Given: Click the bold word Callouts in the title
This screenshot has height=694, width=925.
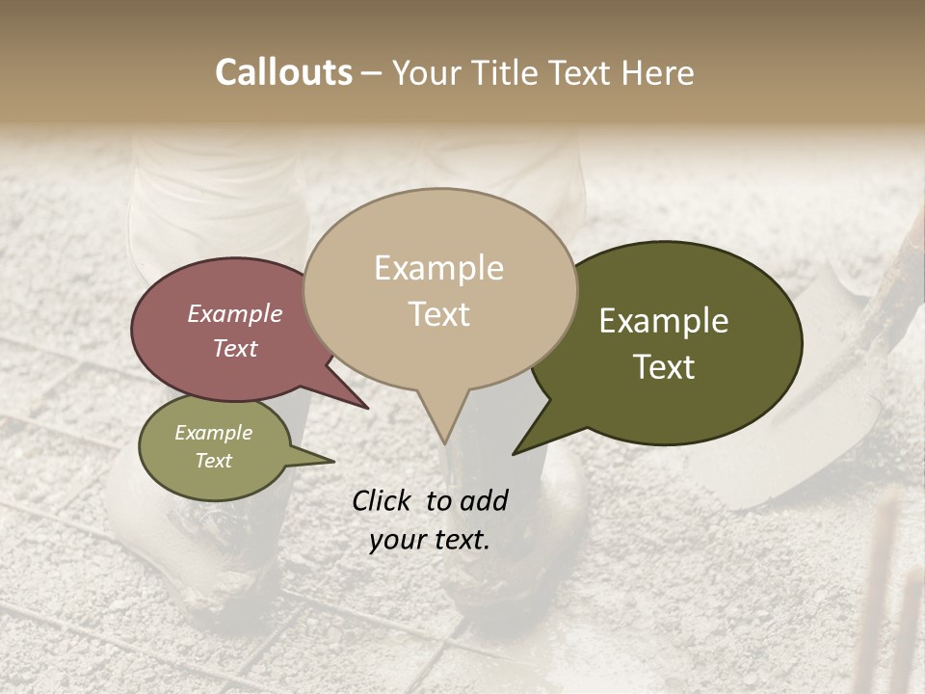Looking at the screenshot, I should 284,72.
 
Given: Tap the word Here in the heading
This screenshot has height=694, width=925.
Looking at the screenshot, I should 658,72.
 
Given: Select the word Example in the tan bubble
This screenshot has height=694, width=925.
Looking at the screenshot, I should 438,268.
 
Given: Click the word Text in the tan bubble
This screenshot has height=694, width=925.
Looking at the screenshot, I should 438,314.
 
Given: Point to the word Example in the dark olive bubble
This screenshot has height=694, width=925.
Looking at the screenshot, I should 664,321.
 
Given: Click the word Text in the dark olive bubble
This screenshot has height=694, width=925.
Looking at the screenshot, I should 664,367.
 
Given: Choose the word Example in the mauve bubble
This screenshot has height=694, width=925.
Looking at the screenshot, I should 235,314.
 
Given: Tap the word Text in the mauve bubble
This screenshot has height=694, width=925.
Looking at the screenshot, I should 235,349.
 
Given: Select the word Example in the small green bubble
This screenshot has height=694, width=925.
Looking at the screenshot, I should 214,433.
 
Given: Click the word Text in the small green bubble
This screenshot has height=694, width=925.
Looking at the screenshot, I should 214,461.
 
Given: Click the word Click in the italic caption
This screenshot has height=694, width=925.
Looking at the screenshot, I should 384,500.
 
